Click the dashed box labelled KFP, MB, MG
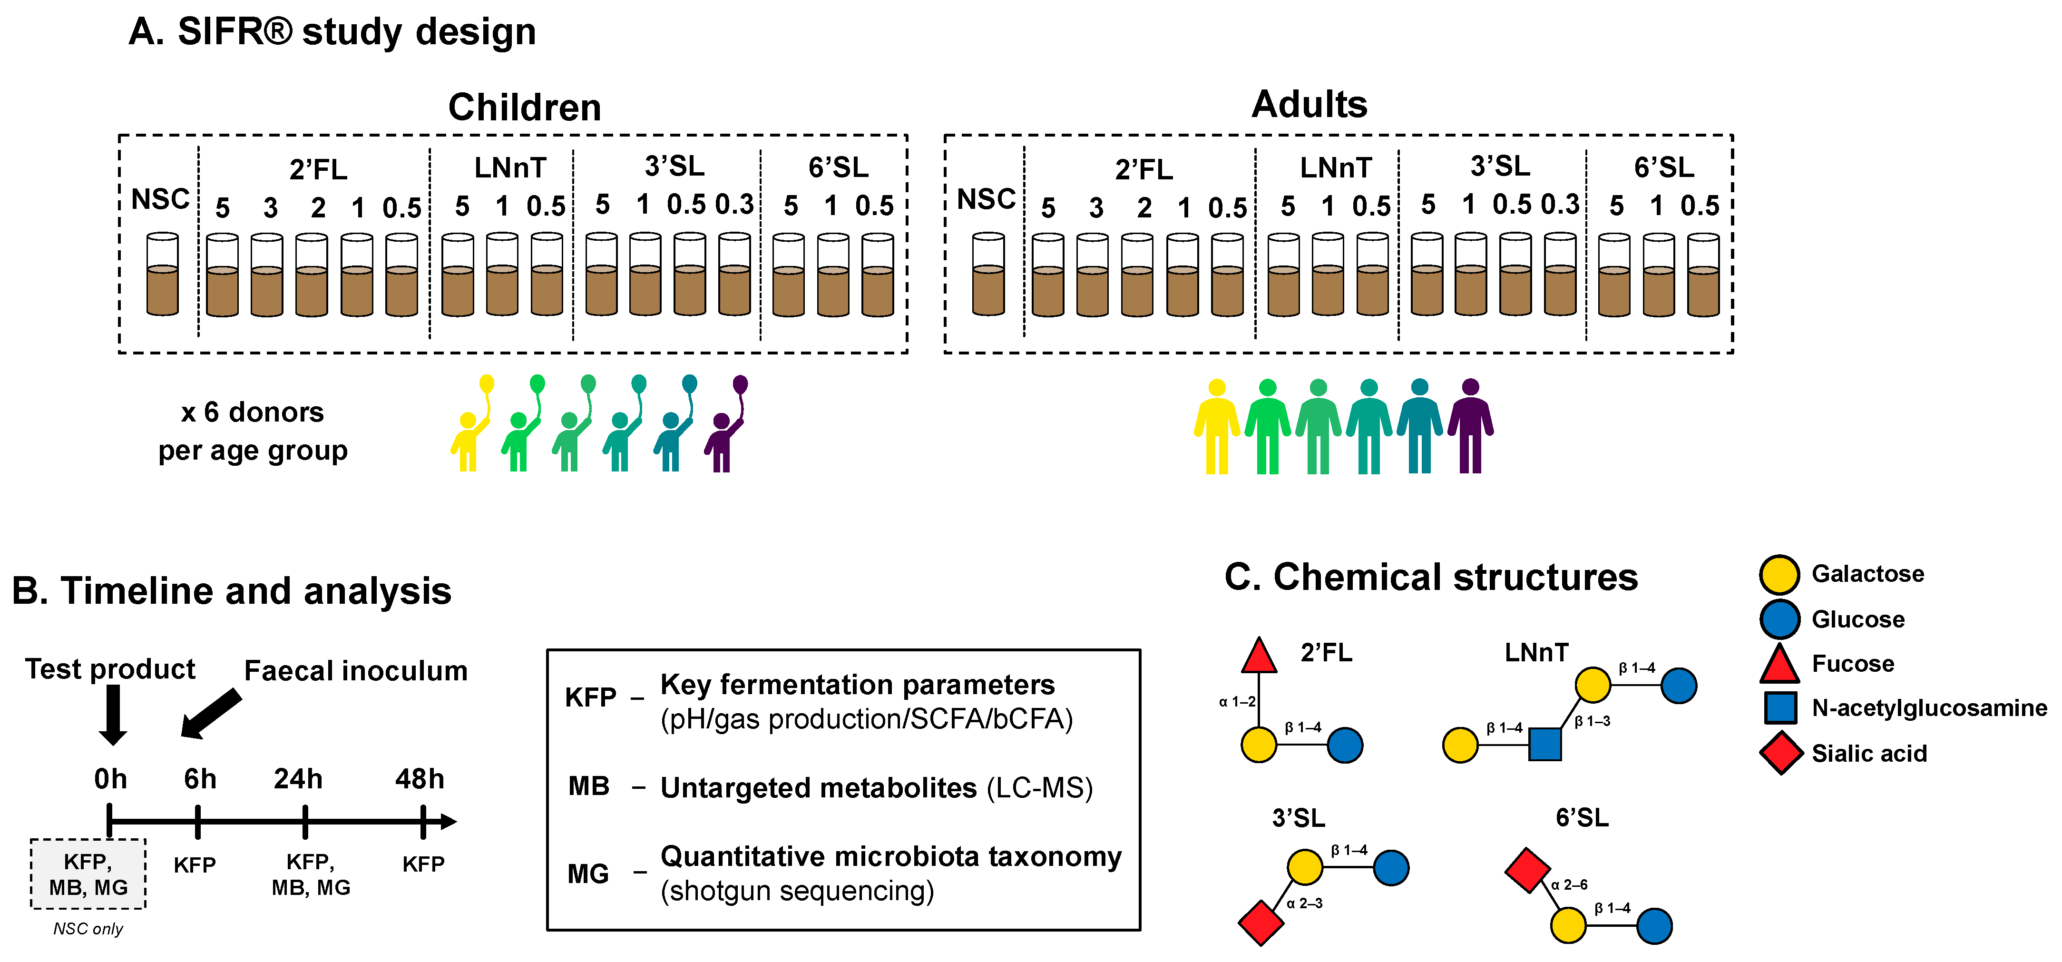point(88,874)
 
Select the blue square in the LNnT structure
point(1545,744)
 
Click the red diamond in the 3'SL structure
point(1261,923)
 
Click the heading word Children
point(524,107)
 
